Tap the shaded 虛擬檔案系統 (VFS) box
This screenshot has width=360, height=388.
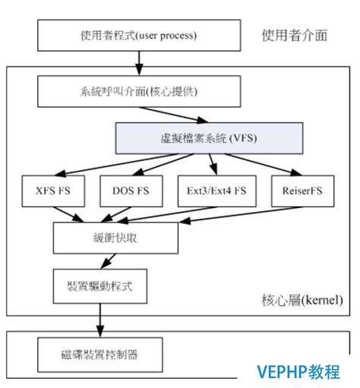coord(210,138)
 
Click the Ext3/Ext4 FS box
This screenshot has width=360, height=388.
coord(215,191)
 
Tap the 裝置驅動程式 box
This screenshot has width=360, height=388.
coord(98,287)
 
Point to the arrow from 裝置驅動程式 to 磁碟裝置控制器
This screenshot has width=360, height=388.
coord(98,319)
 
